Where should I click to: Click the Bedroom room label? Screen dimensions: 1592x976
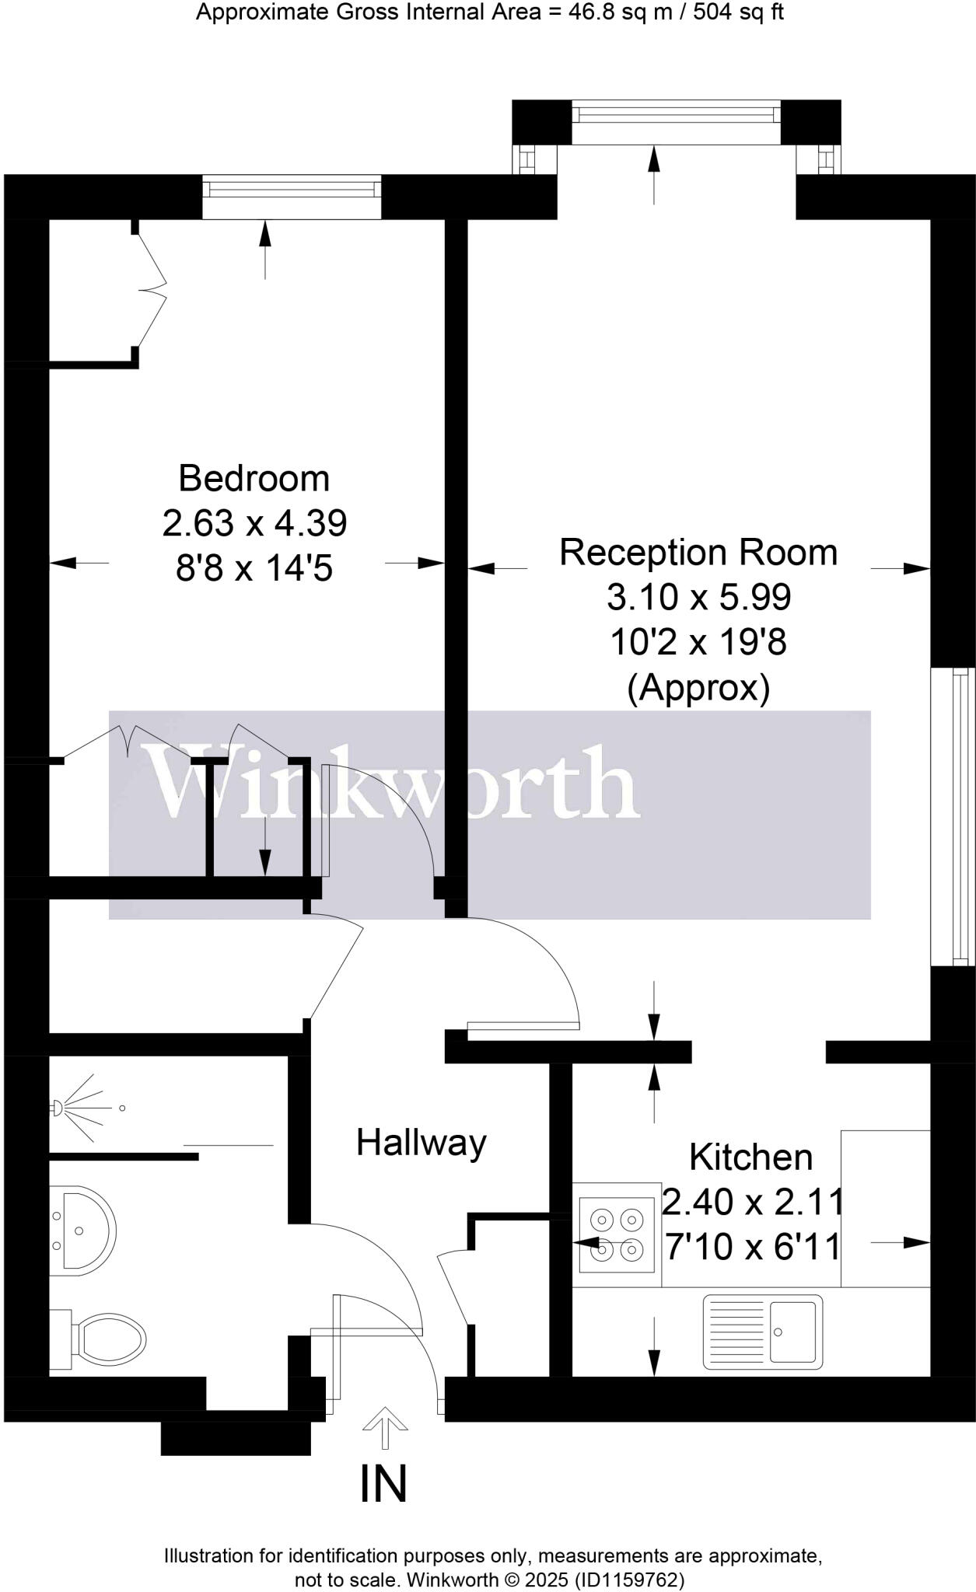254,478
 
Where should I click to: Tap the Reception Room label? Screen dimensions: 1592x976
698,553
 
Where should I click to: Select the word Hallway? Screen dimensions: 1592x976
422,1143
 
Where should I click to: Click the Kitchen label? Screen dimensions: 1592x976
750,1157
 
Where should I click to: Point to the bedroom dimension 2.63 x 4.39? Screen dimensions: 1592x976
254,523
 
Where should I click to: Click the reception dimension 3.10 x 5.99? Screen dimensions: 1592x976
698,598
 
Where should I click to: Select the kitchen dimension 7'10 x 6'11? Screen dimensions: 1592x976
753,1248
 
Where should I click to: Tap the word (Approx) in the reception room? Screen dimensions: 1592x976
698,688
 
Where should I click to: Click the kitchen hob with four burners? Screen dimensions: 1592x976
617,1234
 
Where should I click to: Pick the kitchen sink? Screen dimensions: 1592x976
762,1332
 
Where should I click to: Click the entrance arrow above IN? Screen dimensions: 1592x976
385,1428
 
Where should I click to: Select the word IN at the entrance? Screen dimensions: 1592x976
383,1484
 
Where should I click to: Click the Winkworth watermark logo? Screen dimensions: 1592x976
394,783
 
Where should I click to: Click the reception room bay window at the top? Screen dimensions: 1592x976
676,115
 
